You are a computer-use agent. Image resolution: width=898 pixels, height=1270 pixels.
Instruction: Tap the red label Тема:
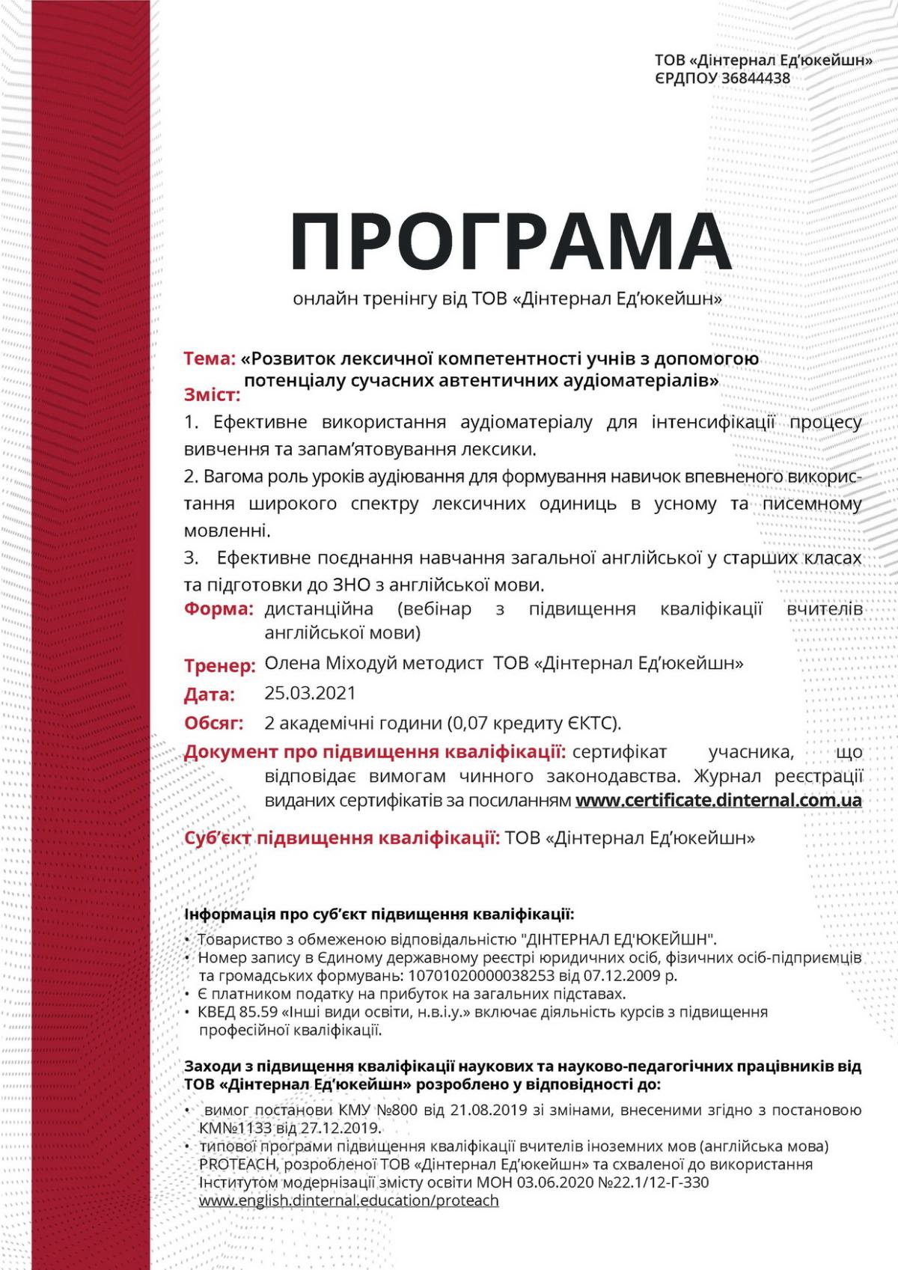tap(210, 358)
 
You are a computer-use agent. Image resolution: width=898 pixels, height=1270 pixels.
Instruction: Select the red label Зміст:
tap(213, 394)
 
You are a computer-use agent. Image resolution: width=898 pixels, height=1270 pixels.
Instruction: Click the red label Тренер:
tap(220, 665)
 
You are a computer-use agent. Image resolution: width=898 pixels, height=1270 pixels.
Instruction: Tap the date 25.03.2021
tap(310, 693)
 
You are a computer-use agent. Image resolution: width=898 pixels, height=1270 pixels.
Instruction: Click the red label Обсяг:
tap(214, 723)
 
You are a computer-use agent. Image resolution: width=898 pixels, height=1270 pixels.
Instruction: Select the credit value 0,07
tap(469, 723)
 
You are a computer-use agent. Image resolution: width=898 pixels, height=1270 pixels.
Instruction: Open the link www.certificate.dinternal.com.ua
tap(718, 799)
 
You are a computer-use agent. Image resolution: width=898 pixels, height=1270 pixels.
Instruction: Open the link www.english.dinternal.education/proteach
tap(349, 1200)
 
